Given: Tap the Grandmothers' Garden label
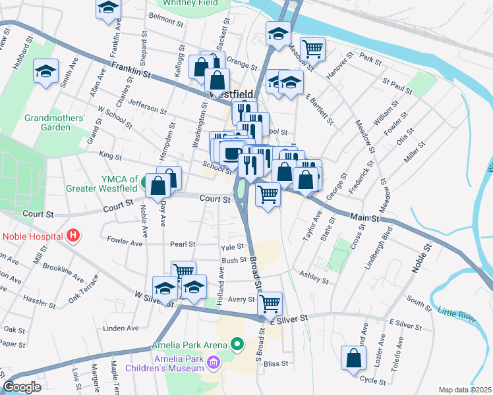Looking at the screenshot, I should point(55,123).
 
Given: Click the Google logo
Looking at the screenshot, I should point(22,387).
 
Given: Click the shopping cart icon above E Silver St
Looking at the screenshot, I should point(269,303).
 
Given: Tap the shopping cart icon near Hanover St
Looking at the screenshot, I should point(312,48).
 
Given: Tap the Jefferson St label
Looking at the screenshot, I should point(143,106).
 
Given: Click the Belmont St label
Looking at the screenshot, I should point(166,20).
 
